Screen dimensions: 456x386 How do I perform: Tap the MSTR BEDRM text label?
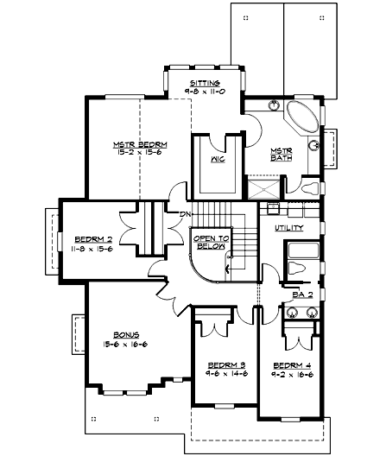pos(139,143)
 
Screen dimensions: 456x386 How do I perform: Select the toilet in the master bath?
pos(308,185)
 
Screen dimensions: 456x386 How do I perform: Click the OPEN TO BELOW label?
pos(210,243)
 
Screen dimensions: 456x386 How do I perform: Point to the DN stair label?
pos(183,214)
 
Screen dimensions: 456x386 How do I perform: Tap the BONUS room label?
pos(126,334)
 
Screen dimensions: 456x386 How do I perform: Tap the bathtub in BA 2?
pos(303,256)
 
